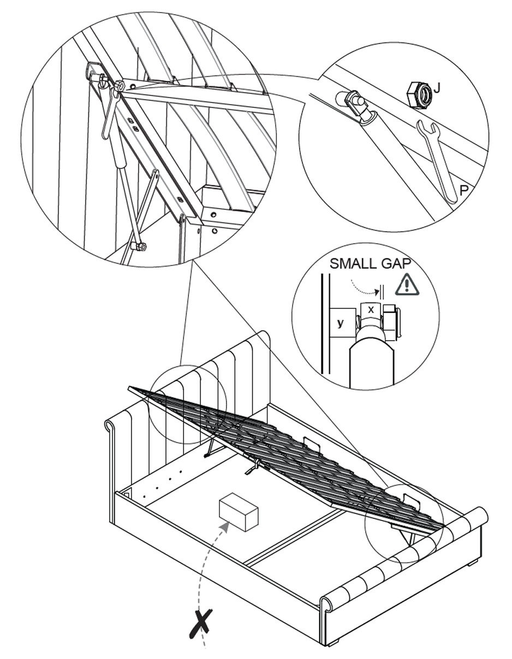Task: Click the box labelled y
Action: point(341,323)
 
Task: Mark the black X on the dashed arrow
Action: point(203,623)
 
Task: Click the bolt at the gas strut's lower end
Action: point(139,247)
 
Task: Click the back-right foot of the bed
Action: point(473,561)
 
